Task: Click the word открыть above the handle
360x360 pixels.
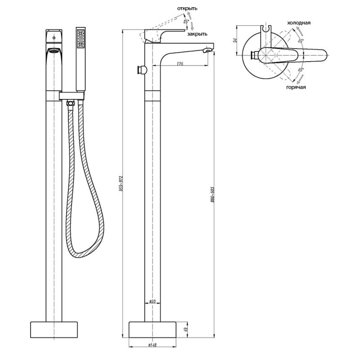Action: tap(187, 8)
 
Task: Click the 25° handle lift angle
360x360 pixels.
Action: tap(186, 21)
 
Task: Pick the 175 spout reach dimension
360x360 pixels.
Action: tap(180, 63)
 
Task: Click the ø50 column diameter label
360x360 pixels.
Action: tap(152, 301)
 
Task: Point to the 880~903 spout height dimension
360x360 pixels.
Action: tap(212, 196)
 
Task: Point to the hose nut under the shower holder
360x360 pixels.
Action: tap(70, 103)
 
